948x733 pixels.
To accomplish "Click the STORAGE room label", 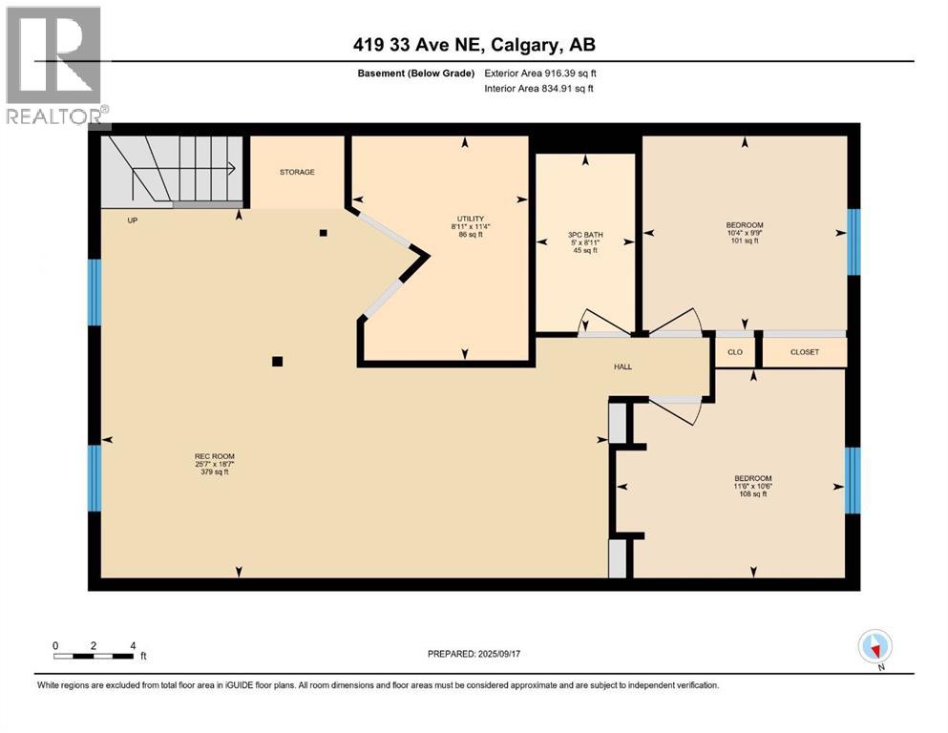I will click(297, 172).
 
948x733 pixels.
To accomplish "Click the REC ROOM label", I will click(215, 456).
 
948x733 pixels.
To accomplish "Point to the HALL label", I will click(621, 366).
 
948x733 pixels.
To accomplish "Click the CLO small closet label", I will click(735, 352).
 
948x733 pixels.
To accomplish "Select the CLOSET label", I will click(804, 352).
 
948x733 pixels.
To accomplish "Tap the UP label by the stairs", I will click(133, 220).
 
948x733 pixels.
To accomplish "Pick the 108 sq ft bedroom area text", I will click(752, 493).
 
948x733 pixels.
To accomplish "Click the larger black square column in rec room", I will click(277, 361).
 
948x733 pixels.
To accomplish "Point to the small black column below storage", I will click(324, 232).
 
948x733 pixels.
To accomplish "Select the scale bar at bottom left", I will click(94, 656).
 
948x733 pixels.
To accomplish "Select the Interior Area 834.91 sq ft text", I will click(539, 88).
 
